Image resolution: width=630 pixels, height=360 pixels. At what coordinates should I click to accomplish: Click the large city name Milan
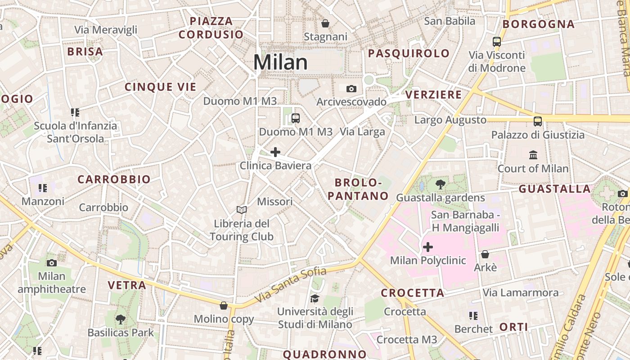click(x=280, y=62)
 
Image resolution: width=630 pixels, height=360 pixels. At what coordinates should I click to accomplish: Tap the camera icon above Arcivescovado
click(x=351, y=89)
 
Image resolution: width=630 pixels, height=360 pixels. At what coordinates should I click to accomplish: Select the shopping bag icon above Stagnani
click(x=325, y=23)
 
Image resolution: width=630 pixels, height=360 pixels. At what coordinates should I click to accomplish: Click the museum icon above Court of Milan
click(x=533, y=155)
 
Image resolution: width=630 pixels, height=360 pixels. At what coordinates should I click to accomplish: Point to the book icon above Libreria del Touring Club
click(x=242, y=210)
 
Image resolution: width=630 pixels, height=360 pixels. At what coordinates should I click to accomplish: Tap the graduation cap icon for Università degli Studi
click(x=315, y=298)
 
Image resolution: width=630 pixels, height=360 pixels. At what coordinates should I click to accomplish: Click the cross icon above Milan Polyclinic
click(x=427, y=247)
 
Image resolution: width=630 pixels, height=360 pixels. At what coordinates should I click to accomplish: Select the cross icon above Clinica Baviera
click(x=275, y=152)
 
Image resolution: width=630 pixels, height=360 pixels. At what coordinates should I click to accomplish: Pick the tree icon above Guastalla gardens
click(x=441, y=184)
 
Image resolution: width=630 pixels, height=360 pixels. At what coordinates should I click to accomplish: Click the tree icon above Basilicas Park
click(x=120, y=319)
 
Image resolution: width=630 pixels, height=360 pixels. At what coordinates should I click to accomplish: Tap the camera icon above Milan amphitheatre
click(x=52, y=263)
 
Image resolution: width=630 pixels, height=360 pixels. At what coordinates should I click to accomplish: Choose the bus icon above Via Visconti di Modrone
click(x=497, y=42)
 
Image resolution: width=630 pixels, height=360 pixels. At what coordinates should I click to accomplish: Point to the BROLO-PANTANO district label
click(x=358, y=189)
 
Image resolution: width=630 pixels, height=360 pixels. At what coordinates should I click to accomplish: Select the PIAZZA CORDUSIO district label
click(x=211, y=28)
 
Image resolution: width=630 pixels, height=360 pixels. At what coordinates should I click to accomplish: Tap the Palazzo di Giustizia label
click(x=538, y=135)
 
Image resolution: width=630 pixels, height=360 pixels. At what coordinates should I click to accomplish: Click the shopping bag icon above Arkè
click(x=485, y=254)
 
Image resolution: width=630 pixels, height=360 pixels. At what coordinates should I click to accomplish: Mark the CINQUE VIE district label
click(x=161, y=87)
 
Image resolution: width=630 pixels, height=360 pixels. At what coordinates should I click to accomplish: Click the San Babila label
click(x=450, y=21)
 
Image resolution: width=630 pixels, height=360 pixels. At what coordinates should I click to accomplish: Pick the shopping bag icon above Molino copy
click(x=224, y=306)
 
